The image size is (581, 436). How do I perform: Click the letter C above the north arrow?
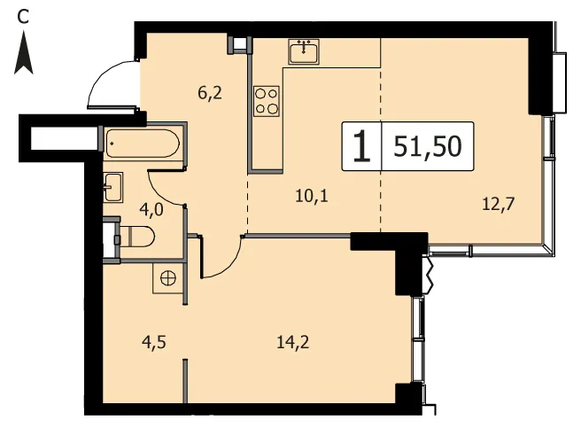(x=23, y=16)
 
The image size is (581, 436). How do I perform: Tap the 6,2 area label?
(x=210, y=92)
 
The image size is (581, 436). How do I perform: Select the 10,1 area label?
(x=312, y=195)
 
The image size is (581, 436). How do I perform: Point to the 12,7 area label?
(x=499, y=204)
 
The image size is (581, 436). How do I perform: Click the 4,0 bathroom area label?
(x=151, y=210)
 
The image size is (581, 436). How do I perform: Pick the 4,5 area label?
(x=154, y=342)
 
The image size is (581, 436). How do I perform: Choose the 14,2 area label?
(x=293, y=342)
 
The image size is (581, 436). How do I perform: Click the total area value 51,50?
(x=428, y=146)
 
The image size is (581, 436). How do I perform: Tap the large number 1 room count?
(x=361, y=146)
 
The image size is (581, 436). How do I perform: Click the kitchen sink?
(x=304, y=51)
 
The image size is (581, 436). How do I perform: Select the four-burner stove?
(x=267, y=101)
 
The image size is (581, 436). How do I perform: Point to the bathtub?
(x=143, y=143)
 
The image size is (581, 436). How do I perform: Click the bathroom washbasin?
(x=113, y=187)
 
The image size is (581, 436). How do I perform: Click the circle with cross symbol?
(x=168, y=278)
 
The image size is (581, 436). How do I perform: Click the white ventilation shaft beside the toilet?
(x=110, y=240)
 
